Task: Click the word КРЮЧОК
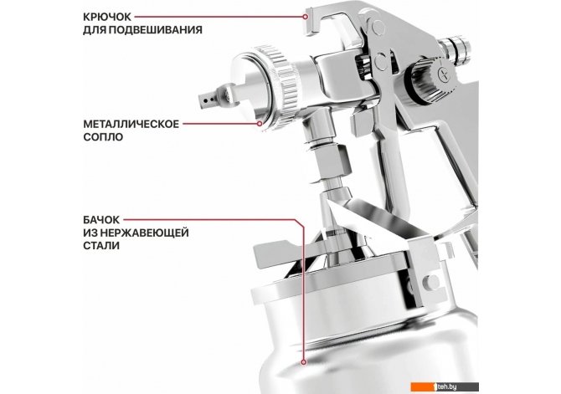tap(107, 17)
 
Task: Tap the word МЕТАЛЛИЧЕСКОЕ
tap(131, 124)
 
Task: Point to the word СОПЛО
tap(103, 137)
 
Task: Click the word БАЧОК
tap(101, 220)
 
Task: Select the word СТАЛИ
tap(101, 246)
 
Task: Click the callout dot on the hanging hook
tap(305, 17)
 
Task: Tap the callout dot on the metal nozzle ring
tap(260, 124)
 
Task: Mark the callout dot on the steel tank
tap(304, 362)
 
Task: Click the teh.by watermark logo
tap(445, 386)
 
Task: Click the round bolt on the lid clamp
tap(430, 282)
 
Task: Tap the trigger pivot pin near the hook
tap(377, 27)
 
